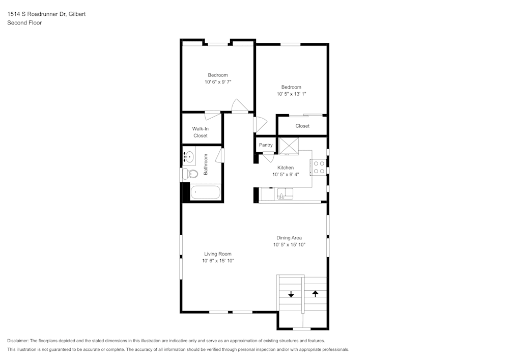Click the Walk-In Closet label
(200, 132)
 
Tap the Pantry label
(266, 145)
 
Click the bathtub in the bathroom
(206, 193)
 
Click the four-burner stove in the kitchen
(319, 168)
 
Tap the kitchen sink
(285, 193)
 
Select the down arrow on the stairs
(291, 294)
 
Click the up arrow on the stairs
(315, 293)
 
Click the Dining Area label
(289, 238)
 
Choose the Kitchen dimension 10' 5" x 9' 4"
(286, 174)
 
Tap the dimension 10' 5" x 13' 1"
(291, 94)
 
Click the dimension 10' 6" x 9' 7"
(218, 81)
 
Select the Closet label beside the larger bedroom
(302, 126)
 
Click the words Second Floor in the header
(24, 23)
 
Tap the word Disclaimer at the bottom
(18, 341)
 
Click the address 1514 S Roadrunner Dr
(35, 14)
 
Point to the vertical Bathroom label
(206, 164)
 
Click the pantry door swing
(268, 157)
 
